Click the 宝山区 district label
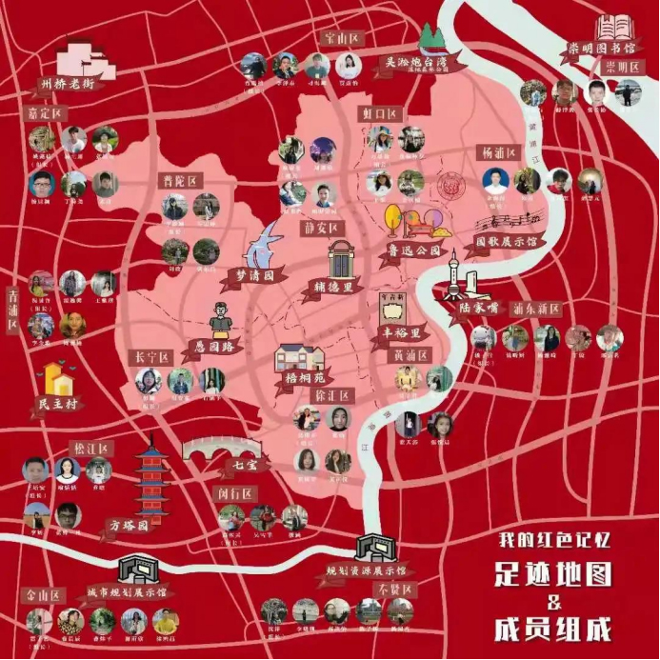[x=340, y=38]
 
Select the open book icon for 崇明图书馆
[x=613, y=26]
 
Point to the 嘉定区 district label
[x=45, y=113]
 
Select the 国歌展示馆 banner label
[x=506, y=241]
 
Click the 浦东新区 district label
[x=536, y=309]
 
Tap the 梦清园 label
[x=255, y=273]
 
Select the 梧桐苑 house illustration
[x=299, y=358]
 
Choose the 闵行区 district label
[x=234, y=493]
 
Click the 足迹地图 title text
[x=552, y=574]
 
